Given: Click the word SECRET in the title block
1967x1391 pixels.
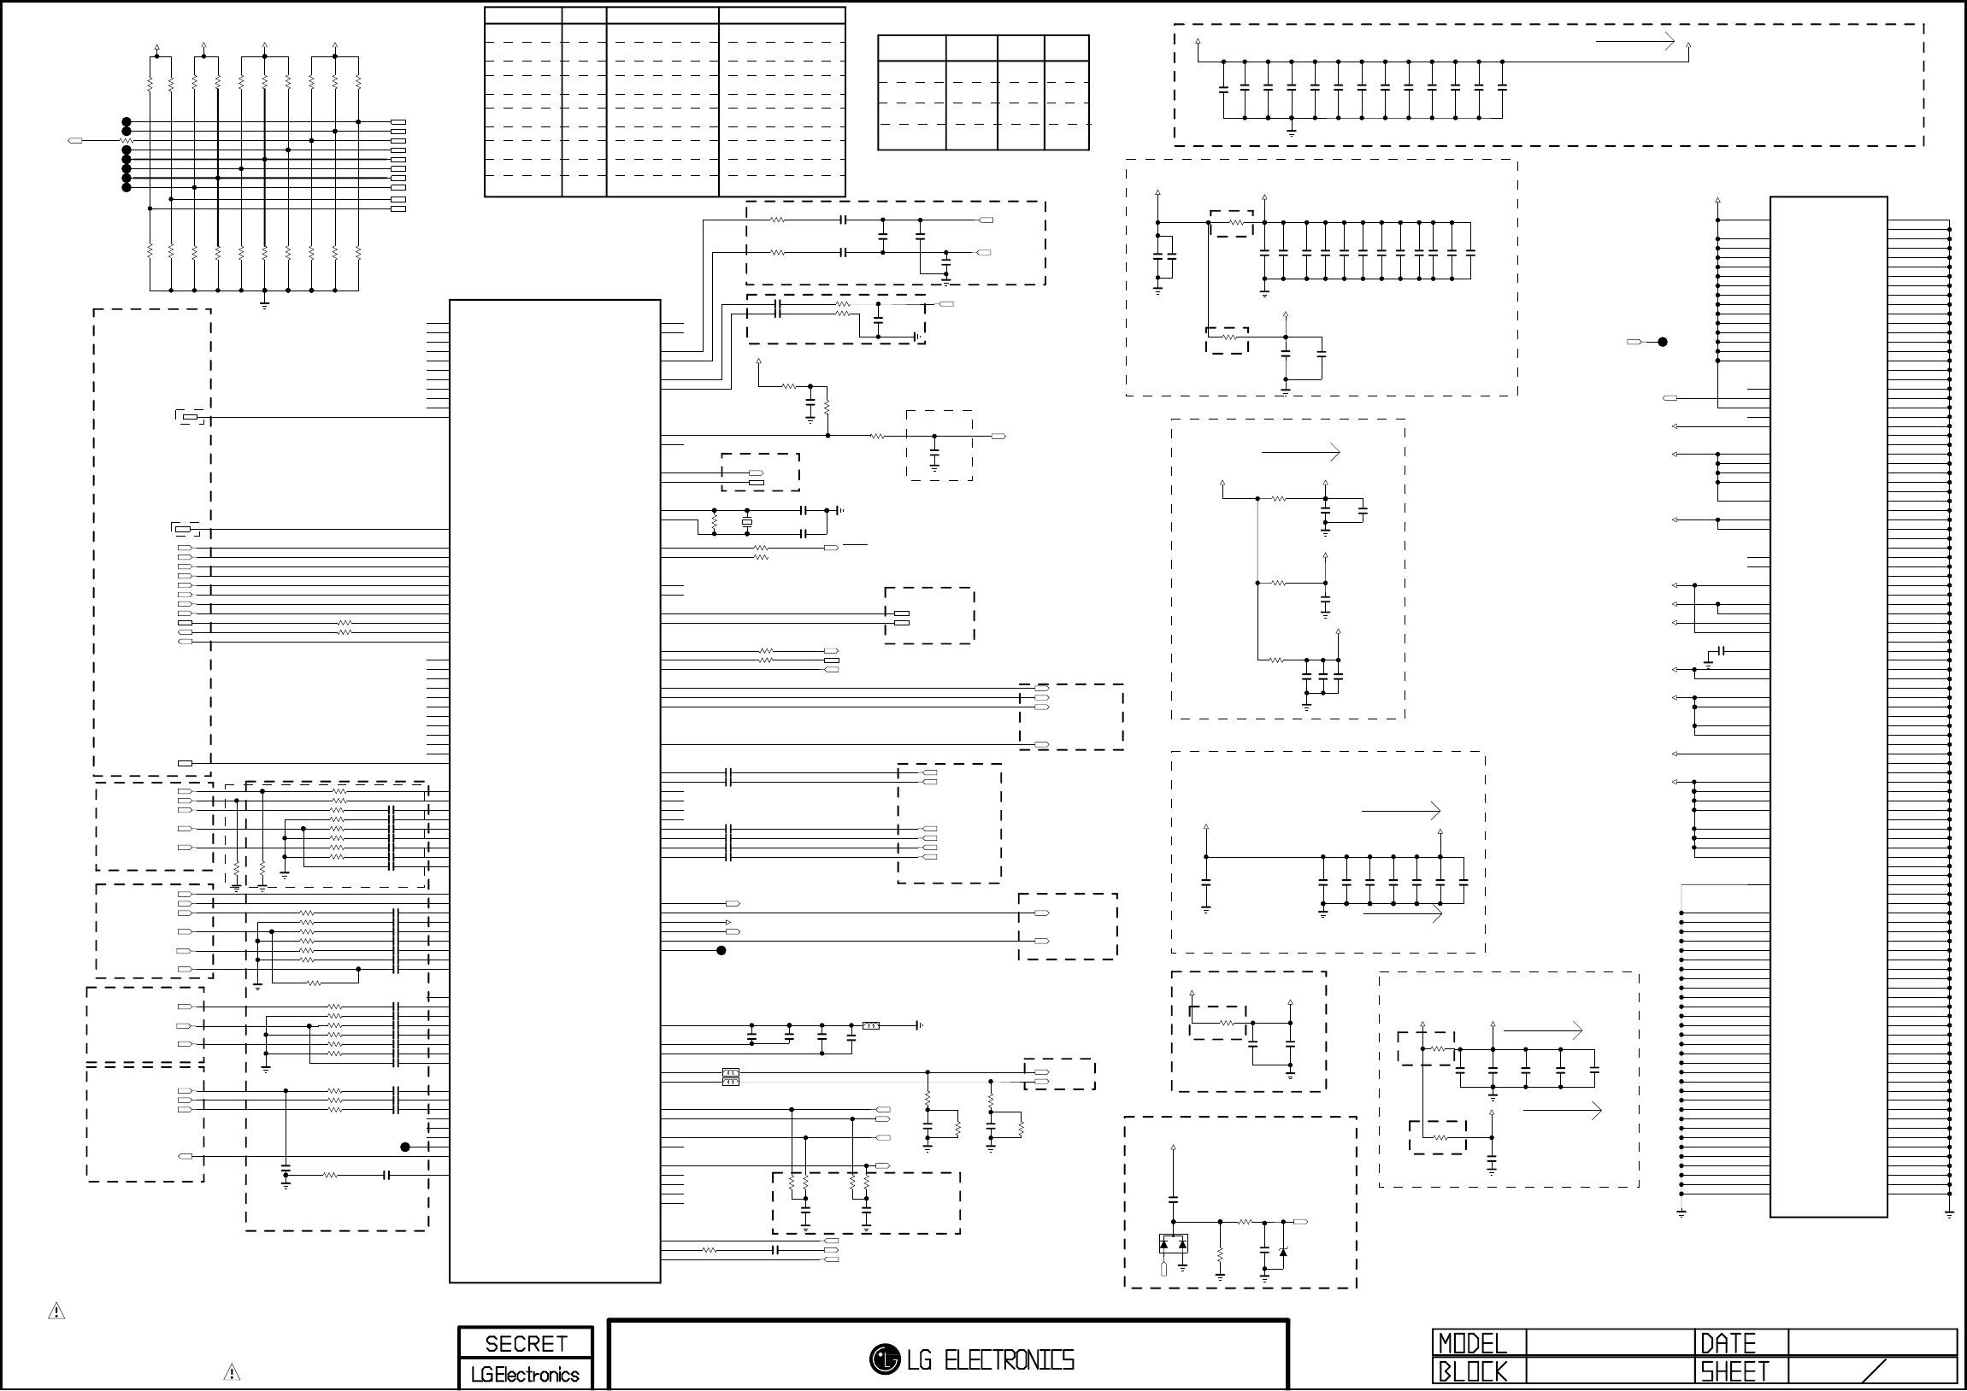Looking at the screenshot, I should tap(525, 1344).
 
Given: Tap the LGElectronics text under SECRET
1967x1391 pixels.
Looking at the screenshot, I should tap(525, 1375).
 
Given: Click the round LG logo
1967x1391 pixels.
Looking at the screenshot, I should tap(884, 1359).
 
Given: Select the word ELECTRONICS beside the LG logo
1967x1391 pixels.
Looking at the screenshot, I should tap(1009, 1360).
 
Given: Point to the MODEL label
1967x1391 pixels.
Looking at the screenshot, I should tap(1472, 1343).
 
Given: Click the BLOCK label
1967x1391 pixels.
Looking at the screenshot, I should tap(1472, 1372).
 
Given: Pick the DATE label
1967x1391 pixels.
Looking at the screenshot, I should tap(1728, 1343).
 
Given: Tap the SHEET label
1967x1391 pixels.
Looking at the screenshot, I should tap(1734, 1372).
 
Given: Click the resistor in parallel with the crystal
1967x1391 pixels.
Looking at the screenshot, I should tap(715, 521).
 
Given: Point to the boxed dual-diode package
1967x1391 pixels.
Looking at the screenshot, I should tap(1173, 1244).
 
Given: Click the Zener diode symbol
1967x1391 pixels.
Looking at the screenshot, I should tap(1282, 1253).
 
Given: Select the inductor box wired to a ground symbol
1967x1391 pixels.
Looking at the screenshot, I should tap(870, 1025).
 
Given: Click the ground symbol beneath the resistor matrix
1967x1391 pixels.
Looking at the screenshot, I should tap(264, 303).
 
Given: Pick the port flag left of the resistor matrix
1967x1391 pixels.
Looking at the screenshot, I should tap(75, 140).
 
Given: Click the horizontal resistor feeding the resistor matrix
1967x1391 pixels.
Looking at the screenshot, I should tap(126, 140).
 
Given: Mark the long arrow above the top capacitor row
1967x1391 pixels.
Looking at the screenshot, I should tap(1634, 41).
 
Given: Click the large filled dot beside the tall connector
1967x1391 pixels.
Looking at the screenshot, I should tap(1663, 342).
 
